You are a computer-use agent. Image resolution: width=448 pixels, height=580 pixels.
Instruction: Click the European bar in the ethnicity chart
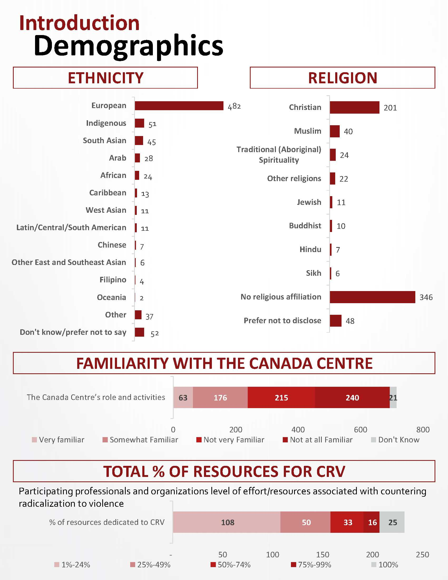coord(179,106)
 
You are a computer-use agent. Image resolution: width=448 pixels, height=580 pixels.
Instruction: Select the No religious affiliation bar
coord(372,297)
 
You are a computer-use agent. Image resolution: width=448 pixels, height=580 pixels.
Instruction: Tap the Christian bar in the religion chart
coord(354,108)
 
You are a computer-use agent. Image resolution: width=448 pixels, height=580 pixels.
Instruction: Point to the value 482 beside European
coord(234,107)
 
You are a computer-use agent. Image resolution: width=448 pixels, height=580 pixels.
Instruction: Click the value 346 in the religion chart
coord(426,297)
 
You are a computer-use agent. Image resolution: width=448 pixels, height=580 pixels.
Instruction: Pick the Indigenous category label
coord(106,123)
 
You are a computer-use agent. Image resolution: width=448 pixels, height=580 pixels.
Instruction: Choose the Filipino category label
coord(113,280)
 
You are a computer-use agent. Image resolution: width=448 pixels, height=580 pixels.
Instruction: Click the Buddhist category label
coord(305,226)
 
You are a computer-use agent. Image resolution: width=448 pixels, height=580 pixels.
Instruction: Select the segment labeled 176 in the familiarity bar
coord(220,398)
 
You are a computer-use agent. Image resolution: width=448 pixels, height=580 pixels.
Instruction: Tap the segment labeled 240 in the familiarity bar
coord(352,398)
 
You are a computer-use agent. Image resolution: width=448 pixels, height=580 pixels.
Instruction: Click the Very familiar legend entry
coord(58,440)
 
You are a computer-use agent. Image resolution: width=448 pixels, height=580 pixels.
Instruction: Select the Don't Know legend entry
coord(395,440)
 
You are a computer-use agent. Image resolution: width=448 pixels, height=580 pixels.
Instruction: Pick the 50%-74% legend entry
coord(231,565)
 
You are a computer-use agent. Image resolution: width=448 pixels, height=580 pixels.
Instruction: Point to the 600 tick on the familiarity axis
coord(361,430)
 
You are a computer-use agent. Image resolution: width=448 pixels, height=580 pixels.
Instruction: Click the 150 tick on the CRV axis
coord(323,555)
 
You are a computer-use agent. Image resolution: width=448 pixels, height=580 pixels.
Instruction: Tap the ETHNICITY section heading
coord(105,78)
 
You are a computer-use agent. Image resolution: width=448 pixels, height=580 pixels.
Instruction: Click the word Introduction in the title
coord(79,23)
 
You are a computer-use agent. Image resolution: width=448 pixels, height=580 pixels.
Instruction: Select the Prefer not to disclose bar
coord(335,321)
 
